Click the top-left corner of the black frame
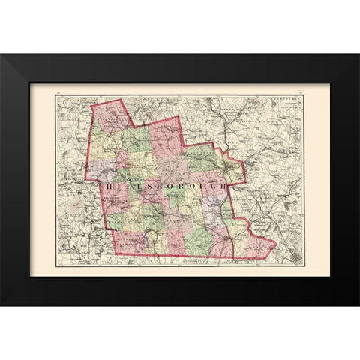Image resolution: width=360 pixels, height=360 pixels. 1,55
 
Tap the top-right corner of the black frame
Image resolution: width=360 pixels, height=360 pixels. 358,55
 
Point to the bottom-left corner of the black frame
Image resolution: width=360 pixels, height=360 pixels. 1,304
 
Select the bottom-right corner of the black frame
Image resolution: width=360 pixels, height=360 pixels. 358,304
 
